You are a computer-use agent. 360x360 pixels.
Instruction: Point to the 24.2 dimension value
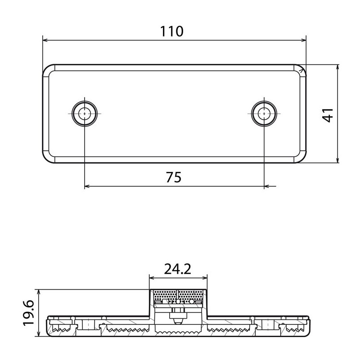[x=177, y=269]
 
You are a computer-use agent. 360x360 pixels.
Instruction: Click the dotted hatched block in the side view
[x=178, y=296]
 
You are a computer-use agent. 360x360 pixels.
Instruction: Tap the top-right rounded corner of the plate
[x=300, y=69]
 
